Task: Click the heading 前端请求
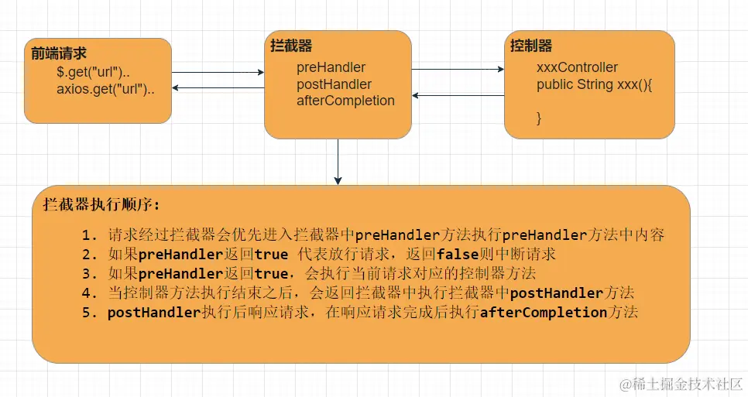[x=59, y=53]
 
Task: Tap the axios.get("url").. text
[x=105, y=88]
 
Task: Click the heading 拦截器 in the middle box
[x=291, y=46]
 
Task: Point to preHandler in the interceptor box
[x=331, y=67]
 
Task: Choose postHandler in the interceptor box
[x=334, y=84]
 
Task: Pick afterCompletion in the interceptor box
[x=345, y=101]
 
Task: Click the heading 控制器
[x=531, y=46]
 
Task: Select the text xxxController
[x=577, y=67]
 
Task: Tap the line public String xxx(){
[x=595, y=84]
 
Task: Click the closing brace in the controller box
[x=539, y=118]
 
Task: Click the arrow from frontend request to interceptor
[x=218, y=73]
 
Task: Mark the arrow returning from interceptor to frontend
[x=218, y=88]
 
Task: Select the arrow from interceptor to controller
[x=458, y=69]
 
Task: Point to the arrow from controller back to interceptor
[x=458, y=96]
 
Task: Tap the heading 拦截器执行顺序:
[x=101, y=205]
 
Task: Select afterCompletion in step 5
[x=543, y=313]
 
